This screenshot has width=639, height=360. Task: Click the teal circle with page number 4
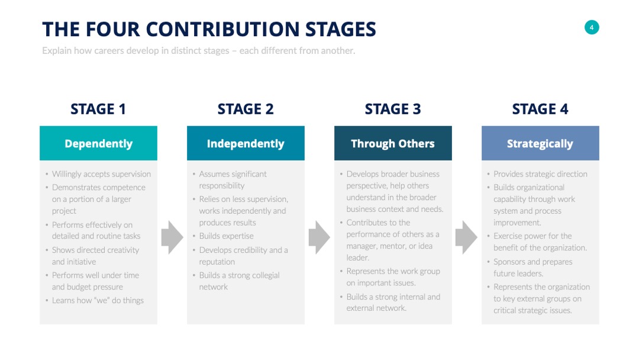[x=591, y=27]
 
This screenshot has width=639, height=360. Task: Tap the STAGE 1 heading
[x=98, y=109]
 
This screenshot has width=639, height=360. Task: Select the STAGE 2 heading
[x=246, y=109]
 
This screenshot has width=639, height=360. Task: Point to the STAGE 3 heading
[x=393, y=109]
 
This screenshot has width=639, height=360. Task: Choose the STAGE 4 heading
[x=540, y=109]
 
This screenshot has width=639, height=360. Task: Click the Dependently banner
[x=98, y=143]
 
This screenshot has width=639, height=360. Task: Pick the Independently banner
[x=246, y=143]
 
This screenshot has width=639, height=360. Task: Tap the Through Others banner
[x=393, y=143]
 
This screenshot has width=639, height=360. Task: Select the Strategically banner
[x=540, y=143]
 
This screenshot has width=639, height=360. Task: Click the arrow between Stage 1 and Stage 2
[x=172, y=237]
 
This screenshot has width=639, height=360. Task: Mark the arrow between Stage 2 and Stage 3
[x=319, y=237]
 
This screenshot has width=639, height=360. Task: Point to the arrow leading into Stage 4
[x=467, y=237]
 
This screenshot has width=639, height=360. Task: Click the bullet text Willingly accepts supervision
[x=102, y=174]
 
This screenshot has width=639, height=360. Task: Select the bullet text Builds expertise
[x=226, y=236]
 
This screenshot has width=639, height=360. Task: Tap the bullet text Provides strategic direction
[x=540, y=174]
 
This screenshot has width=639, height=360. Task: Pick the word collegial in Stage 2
[x=265, y=275]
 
